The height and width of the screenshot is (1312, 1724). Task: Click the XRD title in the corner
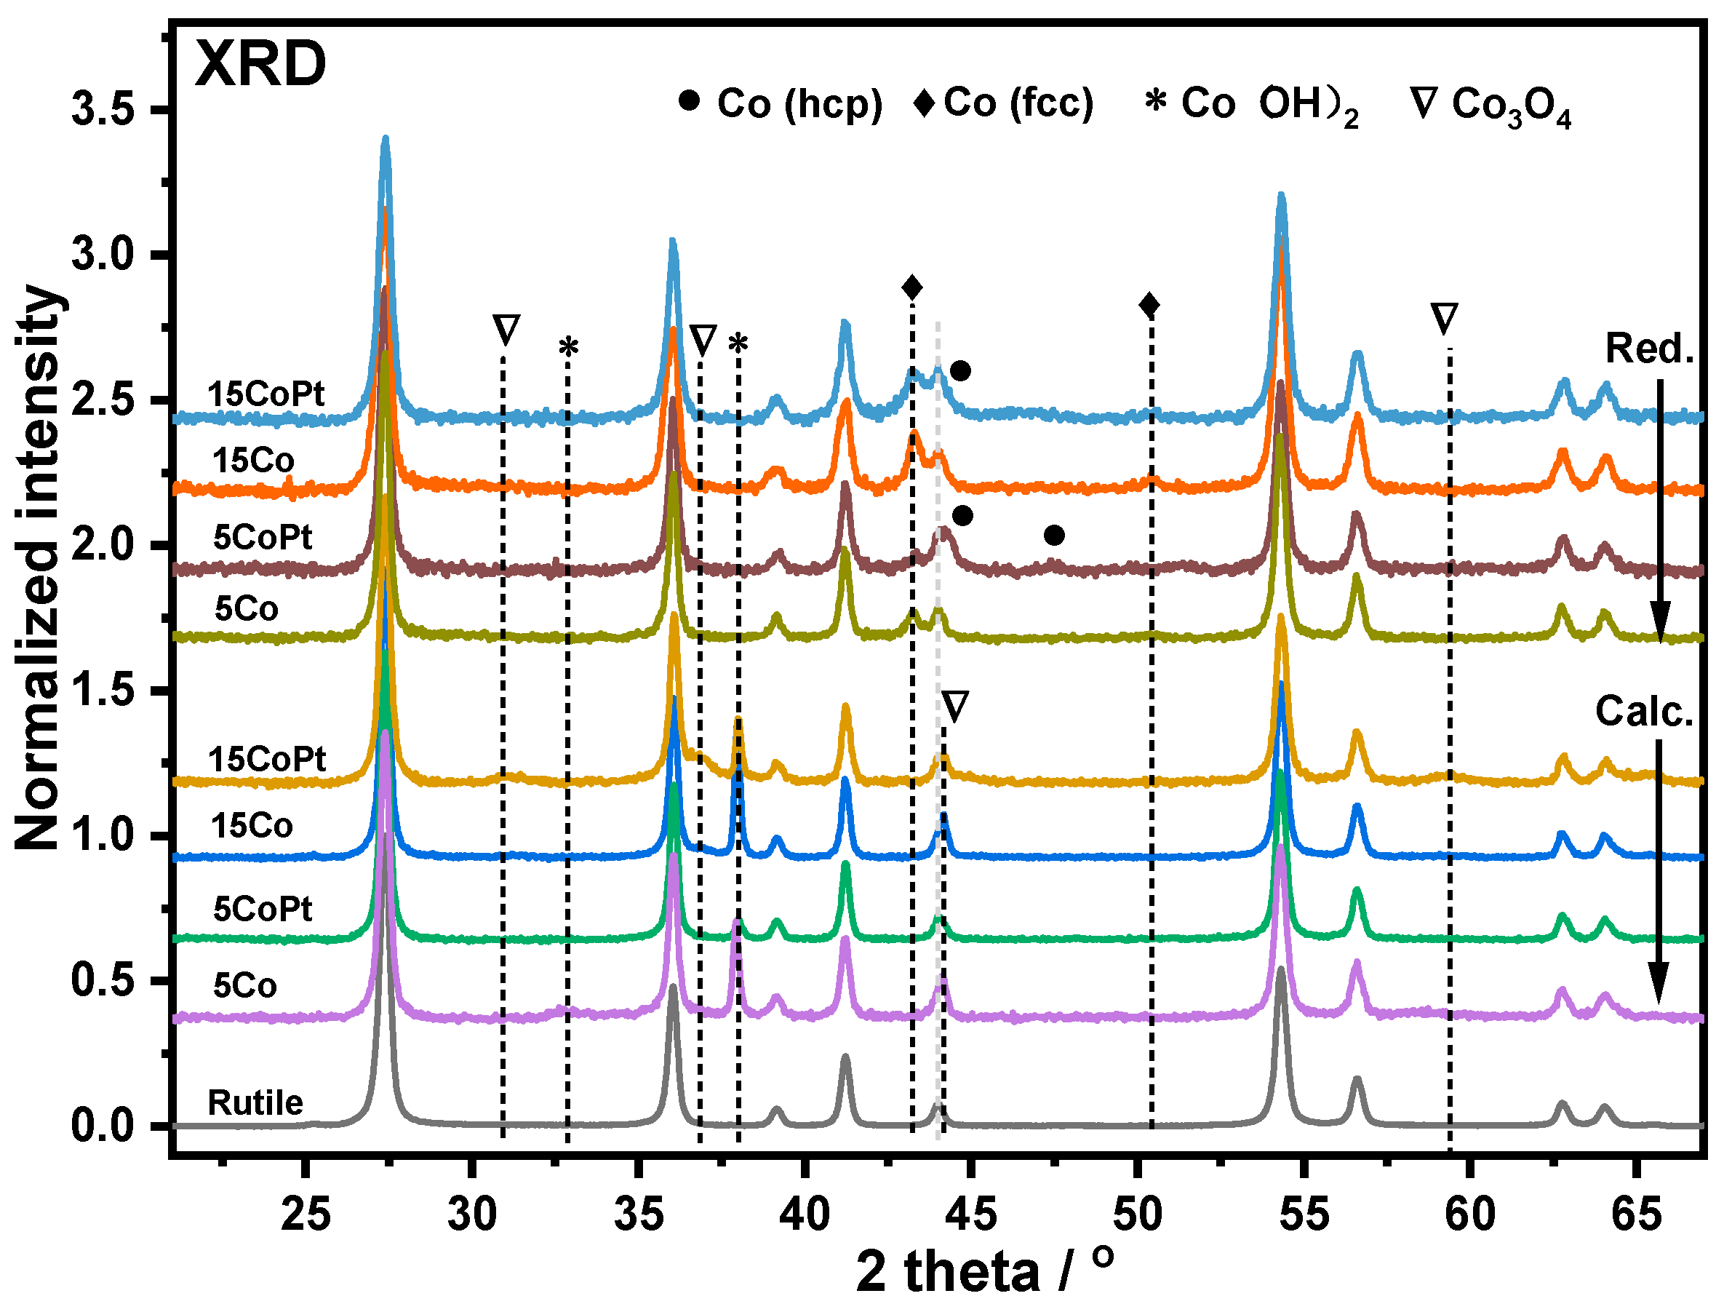click(260, 64)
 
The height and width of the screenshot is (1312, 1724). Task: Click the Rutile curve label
click(255, 1102)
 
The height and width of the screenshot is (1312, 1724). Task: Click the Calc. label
click(1643, 712)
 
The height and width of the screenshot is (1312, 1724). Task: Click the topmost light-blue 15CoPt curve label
click(266, 394)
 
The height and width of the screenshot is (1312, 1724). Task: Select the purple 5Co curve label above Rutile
click(244, 985)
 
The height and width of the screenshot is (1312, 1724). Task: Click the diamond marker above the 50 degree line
click(1149, 305)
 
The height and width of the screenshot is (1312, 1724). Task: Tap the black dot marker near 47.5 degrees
click(1054, 535)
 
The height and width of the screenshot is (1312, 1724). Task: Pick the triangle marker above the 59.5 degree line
click(1444, 319)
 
